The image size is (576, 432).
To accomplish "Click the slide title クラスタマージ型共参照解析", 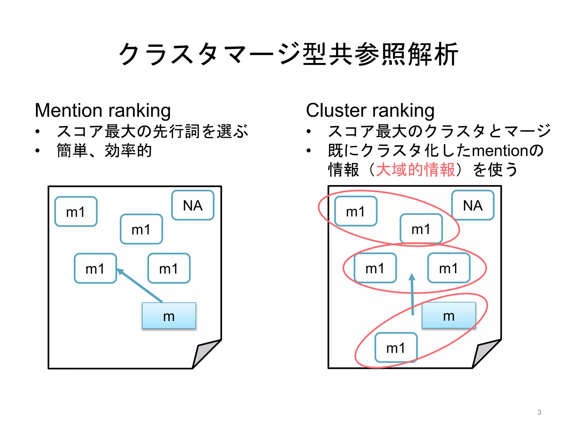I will coord(288,54).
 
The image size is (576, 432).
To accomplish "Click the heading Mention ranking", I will coord(103,110).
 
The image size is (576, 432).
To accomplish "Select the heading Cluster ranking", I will coord(370,110).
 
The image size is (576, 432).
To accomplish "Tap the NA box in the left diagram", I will coord(193,205).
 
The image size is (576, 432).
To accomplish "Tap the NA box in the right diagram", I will coord(473,205).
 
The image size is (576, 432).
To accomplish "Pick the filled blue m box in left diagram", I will coord(169,316).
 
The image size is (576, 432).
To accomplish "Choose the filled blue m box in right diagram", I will coord(449,315).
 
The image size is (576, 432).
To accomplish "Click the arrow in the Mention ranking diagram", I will coord(140,285).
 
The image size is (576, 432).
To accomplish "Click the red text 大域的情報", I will coord(415,170).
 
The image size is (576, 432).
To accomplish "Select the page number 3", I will coord(539,412).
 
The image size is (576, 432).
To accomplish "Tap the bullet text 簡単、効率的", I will coord(104,150).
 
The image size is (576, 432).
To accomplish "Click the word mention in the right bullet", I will coord(500,151).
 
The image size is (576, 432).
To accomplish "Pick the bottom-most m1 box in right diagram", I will coord(396,348).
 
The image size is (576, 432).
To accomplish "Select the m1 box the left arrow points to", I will coord(95,268).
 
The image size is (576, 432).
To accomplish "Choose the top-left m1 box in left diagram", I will coord(76,211).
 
